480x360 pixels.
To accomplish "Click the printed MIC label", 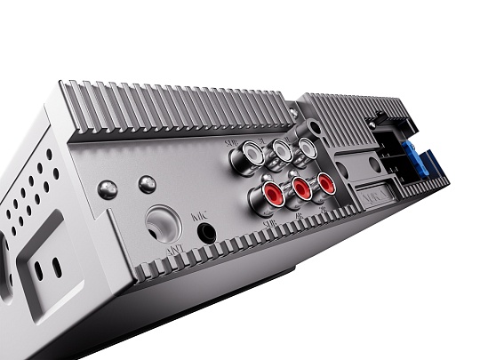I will (x=199, y=215).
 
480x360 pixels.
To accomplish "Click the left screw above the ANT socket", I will (x=108, y=188).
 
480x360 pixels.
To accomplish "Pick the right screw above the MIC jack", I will (x=148, y=184).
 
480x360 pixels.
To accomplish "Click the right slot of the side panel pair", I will (x=55, y=267).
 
